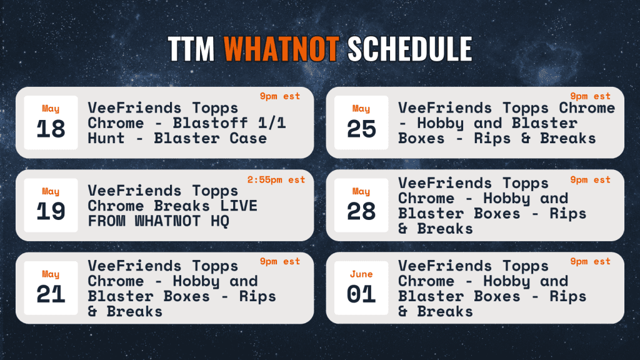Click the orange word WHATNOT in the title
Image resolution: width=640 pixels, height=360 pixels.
[x=281, y=49]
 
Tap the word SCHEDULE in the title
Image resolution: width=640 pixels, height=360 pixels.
[x=410, y=49]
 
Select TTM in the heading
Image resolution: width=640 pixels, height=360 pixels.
[x=191, y=49]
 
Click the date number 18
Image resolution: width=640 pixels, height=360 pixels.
[x=51, y=129]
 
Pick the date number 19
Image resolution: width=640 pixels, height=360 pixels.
[x=51, y=211]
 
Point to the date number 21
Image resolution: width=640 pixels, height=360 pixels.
[x=51, y=294]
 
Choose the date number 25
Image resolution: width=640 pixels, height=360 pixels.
[x=361, y=129]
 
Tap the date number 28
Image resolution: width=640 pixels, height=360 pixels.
[x=361, y=211]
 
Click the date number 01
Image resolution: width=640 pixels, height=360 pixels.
[x=361, y=294]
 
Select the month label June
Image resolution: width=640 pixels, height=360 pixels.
[x=361, y=274]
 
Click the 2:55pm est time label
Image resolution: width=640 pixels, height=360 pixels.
[x=276, y=179]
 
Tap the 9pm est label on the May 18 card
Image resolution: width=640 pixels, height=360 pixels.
[x=280, y=96]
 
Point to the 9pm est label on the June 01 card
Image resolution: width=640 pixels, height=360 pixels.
[x=590, y=261]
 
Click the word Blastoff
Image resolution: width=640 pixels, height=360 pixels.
[x=210, y=123]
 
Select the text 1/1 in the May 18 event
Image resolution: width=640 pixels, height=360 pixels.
[x=272, y=123]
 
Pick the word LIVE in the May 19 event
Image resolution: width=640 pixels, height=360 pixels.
[x=239, y=206]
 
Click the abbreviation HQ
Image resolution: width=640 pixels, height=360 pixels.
[x=220, y=221]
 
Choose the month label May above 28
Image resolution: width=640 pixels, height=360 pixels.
[x=361, y=191]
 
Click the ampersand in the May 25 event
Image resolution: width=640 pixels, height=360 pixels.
[x=526, y=138]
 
